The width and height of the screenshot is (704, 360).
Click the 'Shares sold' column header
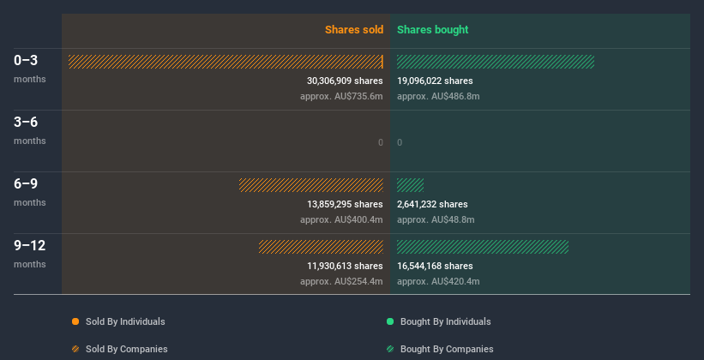pos(353,30)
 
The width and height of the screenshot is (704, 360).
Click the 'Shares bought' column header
pos(432,30)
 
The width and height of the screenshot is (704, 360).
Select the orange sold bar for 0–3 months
pos(226,62)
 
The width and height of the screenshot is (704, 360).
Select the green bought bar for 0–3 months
pos(495,62)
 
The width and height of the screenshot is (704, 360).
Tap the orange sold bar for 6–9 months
pos(310,185)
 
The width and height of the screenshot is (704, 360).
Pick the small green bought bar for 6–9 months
pos(410,185)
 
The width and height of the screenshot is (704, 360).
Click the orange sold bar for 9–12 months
pos(321,247)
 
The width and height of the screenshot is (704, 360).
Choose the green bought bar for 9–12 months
pos(482,247)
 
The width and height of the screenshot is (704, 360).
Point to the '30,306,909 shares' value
pos(345,81)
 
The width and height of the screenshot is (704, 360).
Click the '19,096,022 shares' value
pos(435,81)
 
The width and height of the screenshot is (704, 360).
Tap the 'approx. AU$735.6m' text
pos(341,96)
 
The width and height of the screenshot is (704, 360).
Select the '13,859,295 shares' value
pos(345,204)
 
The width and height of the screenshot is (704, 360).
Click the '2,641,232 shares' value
pos(432,204)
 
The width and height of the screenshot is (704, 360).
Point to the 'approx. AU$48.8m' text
pos(436,219)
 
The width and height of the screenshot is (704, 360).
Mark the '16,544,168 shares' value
pos(435,266)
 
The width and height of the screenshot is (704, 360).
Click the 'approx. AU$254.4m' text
pos(341,281)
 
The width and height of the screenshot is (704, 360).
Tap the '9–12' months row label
pos(30,246)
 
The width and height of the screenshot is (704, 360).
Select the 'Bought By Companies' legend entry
pos(446,349)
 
